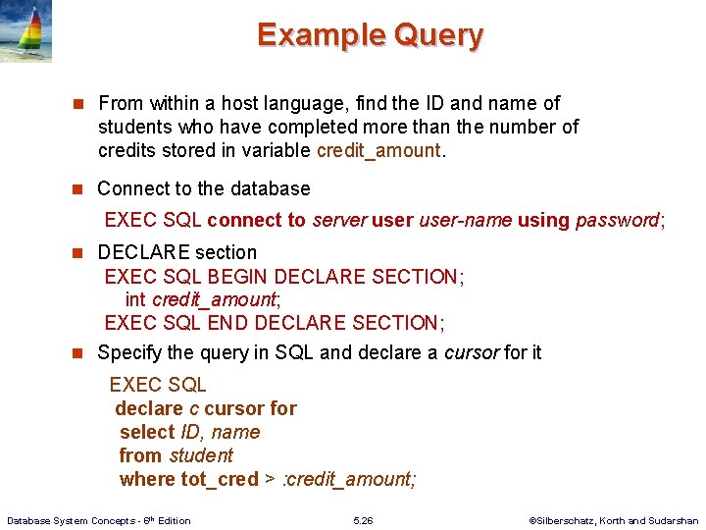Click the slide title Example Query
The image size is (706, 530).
(370, 35)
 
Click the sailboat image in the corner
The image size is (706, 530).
(26, 31)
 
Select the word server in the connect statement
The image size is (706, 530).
(338, 220)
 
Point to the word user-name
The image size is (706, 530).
(465, 220)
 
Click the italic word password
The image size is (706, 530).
(617, 220)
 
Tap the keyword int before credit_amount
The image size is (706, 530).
(135, 299)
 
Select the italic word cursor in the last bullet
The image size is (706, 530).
(471, 352)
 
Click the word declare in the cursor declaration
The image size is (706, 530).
(149, 408)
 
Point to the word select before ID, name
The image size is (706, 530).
(147, 432)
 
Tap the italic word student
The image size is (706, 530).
(201, 455)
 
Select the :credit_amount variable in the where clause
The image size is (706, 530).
(349, 479)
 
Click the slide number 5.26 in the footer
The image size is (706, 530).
(363, 520)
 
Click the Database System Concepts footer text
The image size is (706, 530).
(98, 520)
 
